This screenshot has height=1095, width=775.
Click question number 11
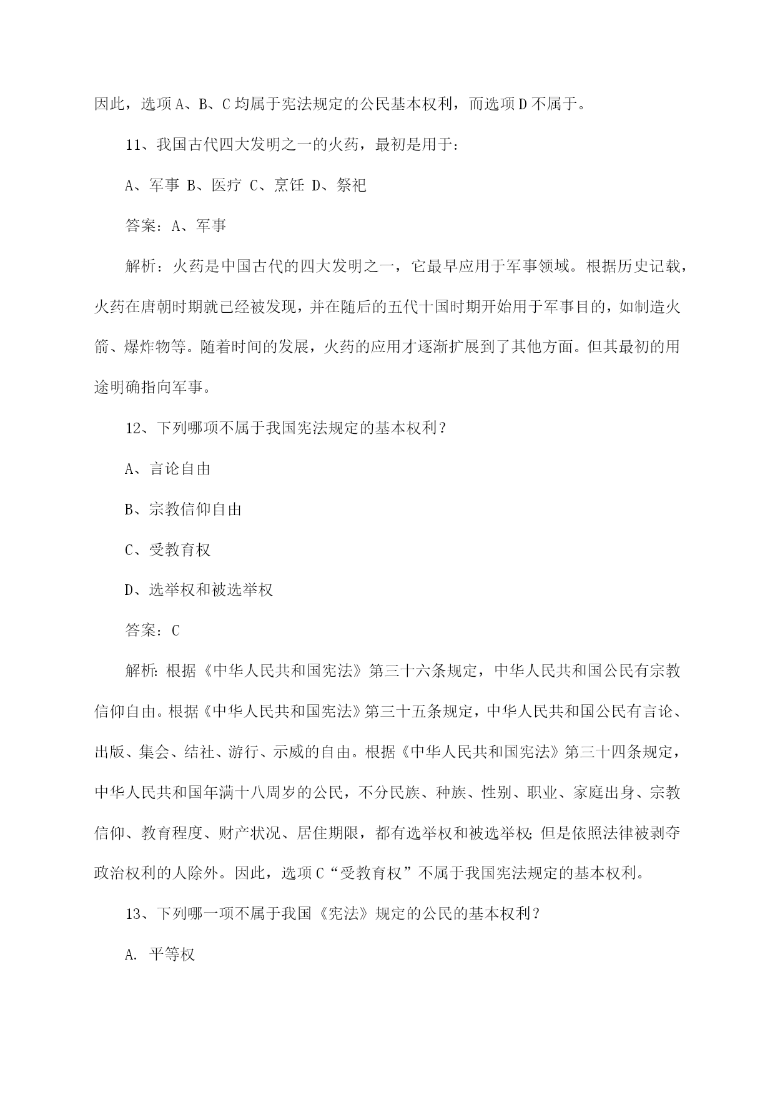point(135,145)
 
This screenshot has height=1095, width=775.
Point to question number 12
point(135,428)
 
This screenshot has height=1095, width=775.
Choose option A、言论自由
point(167,469)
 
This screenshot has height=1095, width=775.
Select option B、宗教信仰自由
point(183,509)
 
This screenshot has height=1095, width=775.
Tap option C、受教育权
point(167,550)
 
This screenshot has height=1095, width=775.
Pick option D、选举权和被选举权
point(199,590)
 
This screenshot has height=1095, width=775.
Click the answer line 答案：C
point(152,631)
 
